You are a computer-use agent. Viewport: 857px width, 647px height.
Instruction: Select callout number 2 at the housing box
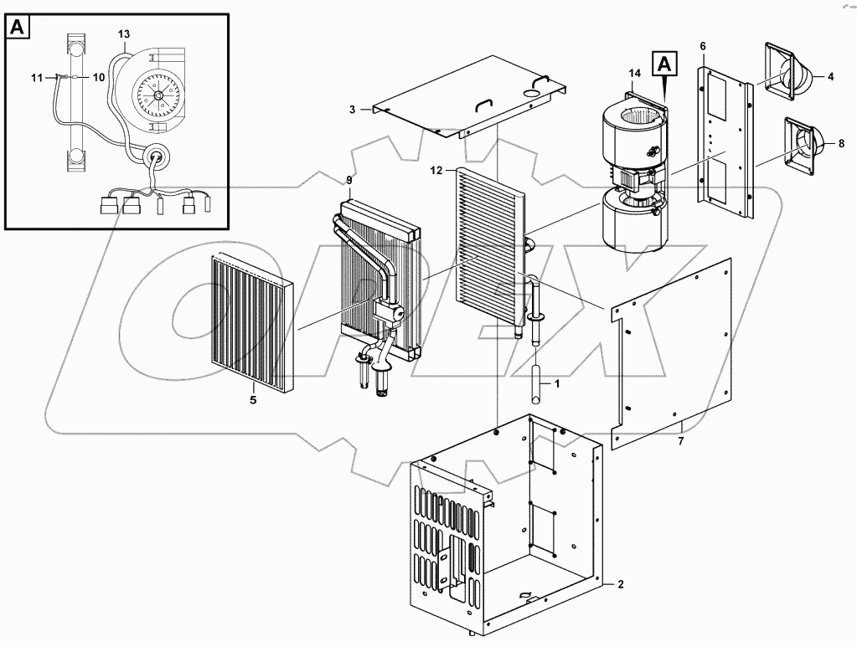[x=621, y=583]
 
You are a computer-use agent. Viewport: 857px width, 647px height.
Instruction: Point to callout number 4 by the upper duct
[x=830, y=77]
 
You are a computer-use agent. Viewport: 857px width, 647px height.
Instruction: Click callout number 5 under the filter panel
[x=253, y=400]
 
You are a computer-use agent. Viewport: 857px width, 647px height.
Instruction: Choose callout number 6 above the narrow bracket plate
[x=703, y=45]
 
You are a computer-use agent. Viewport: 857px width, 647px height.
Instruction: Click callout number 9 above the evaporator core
[x=348, y=180]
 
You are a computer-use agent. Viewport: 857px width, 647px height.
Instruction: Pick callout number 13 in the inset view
[x=124, y=33]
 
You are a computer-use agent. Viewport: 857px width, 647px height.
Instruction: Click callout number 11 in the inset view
[x=36, y=78]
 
